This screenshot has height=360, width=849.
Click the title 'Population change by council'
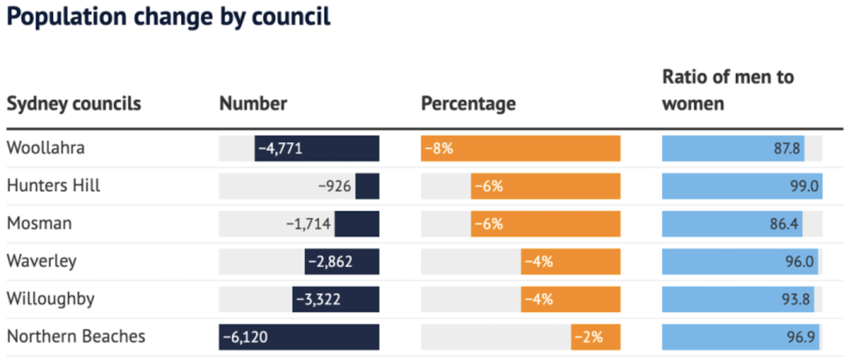169,18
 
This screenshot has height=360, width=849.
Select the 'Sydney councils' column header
73,103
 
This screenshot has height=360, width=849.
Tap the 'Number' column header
253,103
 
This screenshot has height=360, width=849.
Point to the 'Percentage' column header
468,103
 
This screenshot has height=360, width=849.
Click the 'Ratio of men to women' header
728,90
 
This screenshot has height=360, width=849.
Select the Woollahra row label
45,148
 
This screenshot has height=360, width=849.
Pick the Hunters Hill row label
53,186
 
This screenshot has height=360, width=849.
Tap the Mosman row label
39,224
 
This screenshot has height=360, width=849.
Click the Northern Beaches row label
76,337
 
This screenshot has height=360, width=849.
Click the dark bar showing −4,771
316,149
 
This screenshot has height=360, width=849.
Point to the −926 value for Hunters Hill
335,186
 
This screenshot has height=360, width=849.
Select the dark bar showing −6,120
299,337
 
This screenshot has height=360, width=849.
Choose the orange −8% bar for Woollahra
521,149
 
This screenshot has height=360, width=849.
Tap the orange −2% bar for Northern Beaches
596,337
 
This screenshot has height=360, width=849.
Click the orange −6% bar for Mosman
546,224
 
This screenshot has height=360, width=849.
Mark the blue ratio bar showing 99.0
741,186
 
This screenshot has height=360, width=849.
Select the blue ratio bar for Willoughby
738,299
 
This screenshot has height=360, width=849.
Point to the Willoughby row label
50,299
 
